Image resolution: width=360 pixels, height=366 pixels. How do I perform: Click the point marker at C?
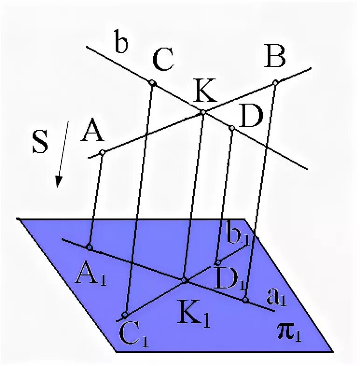[x=152, y=83]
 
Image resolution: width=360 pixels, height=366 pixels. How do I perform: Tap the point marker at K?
[x=203, y=112]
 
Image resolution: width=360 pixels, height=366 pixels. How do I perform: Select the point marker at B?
[x=275, y=83]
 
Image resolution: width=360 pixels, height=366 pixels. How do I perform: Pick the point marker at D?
[x=231, y=127]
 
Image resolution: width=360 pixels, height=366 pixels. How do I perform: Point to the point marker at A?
[x=102, y=152]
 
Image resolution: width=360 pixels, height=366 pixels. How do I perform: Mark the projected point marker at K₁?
[x=184, y=280]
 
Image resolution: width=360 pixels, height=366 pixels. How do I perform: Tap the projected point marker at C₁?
[x=125, y=315]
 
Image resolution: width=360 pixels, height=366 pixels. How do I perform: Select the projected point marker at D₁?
[x=217, y=262]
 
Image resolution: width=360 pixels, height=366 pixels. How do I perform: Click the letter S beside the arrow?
[x=40, y=143]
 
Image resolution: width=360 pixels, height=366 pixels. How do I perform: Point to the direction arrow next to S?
[x=63, y=154]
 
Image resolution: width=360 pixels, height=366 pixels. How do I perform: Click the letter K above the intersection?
[x=206, y=92]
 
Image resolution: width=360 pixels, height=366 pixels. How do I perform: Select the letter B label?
[x=275, y=59]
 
